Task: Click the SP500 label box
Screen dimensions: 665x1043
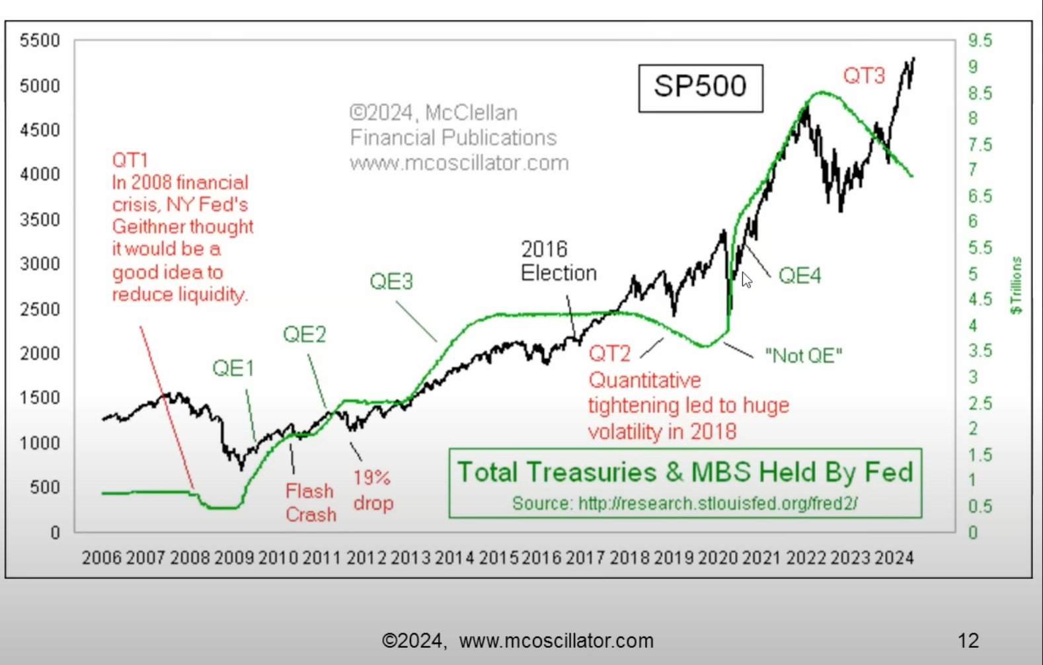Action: [x=700, y=87]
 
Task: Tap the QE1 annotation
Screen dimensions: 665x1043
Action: [x=233, y=368]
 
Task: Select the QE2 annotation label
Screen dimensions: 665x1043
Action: [x=305, y=334]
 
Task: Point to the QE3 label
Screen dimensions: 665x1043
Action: [x=391, y=282]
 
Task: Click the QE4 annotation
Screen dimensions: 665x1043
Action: [x=800, y=275]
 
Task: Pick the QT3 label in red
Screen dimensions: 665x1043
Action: [x=864, y=76]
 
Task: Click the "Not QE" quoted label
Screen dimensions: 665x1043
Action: [x=804, y=356]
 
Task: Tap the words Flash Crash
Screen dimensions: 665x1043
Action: [x=310, y=502]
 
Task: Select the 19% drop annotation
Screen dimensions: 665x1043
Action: [x=373, y=490]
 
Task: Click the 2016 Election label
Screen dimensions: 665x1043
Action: [x=559, y=261]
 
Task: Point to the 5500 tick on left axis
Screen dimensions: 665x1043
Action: [x=40, y=41]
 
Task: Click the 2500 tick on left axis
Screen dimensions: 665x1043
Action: [x=40, y=309]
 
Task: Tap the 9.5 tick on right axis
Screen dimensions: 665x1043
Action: [x=980, y=41]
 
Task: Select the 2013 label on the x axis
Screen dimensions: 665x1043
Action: [x=410, y=558]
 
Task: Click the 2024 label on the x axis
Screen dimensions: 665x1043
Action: [x=894, y=558]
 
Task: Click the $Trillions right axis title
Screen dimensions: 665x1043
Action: [x=1016, y=285]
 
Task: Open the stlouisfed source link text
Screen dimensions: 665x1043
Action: [x=718, y=504]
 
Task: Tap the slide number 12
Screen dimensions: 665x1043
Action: [x=968, y=640]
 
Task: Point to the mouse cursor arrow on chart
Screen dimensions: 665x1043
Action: [x=746, y=280]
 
